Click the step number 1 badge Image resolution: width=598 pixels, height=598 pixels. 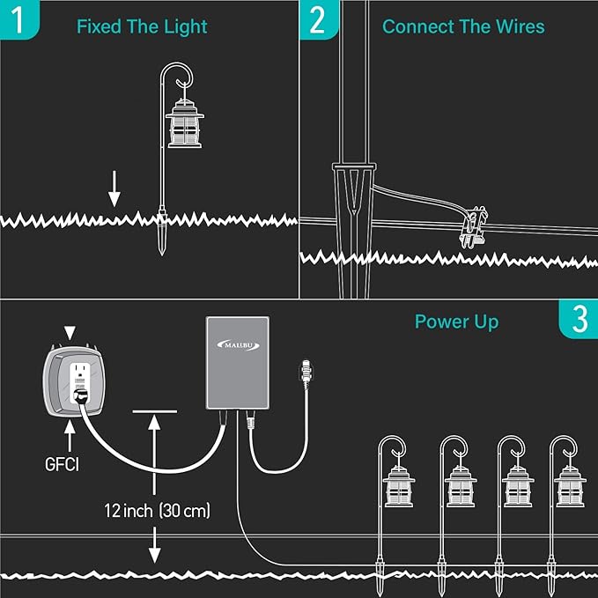point(19,19)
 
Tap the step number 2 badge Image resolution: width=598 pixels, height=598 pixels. point(319,19)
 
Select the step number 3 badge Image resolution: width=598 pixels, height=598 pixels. point(579,319)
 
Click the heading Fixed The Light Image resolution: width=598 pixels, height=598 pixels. point(142,26)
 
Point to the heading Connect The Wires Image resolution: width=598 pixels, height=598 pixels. point(463,26)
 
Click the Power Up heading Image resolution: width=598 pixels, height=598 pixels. point(456,322)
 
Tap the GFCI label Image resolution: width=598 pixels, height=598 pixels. point(62,464)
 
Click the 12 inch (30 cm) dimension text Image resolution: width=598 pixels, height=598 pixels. point(157,510)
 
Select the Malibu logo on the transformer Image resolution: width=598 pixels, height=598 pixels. point(238,345)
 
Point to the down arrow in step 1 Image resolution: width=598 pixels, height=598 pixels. point(114,188)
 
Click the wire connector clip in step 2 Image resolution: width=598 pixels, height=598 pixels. point(474,227)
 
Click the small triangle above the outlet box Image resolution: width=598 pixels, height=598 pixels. point(70,333)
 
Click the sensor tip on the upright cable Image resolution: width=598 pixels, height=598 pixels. point(306,373)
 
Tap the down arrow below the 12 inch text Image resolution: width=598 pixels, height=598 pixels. point(154,545)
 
